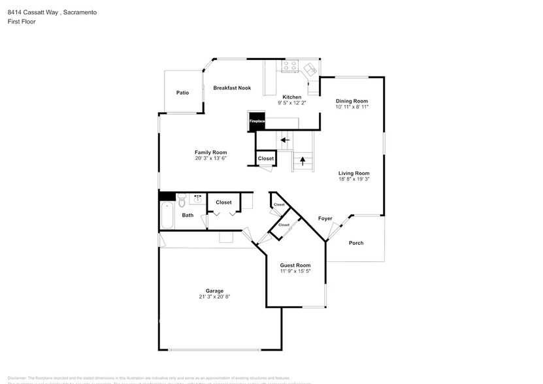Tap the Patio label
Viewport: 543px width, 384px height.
tap(182, 93)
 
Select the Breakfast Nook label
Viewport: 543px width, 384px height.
tap(232, 88)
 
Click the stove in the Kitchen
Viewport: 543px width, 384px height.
tap(290, 67)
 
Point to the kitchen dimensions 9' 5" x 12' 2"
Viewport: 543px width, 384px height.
tap(291, 103)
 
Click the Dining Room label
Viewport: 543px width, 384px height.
tap(352, 101)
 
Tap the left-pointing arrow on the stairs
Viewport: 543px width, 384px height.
tap(284, 140)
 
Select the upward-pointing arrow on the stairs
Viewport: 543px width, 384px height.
tap(303, 159)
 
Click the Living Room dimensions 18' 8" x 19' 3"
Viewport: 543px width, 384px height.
tap(354, 179)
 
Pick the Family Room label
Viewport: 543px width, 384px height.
tap(210, 152)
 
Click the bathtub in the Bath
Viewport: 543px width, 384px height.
tap(167, 216)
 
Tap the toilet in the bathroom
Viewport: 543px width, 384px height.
tap(182, 199)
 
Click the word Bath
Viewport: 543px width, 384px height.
tap(188, 215)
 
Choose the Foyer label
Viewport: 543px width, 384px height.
tap(325, 218)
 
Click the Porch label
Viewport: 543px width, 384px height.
tap(355, 243)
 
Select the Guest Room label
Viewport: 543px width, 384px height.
tap(295, 265)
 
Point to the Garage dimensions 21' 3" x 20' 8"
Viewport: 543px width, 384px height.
tap(214, 296)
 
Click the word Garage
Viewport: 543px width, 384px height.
tap(214, 291)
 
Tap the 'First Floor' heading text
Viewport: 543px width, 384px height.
tap(22, 22)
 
